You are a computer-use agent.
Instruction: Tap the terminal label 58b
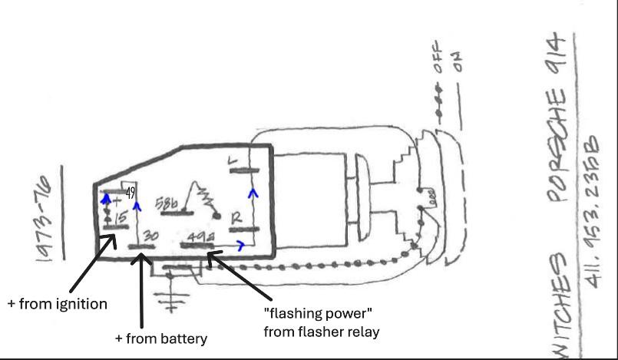167,203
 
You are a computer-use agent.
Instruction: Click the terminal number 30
150,236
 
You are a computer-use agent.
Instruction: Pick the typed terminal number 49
131,193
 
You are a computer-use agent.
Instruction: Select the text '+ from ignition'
58,304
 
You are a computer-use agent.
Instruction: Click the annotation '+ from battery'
161,338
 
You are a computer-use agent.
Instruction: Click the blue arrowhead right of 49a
243,246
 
